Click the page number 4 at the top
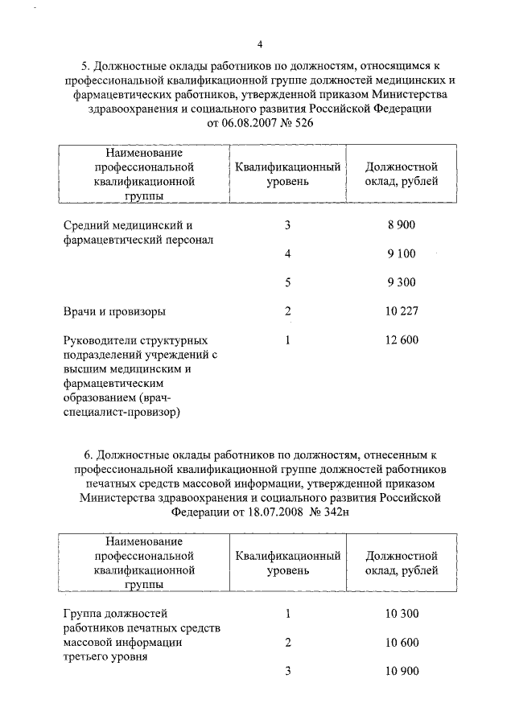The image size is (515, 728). [259, 43]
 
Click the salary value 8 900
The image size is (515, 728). [401, 225]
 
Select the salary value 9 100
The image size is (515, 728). [401, 254]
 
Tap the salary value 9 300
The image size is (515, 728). [401, 282]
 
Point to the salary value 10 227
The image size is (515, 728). [401, 311]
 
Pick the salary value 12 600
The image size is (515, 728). [401, 339]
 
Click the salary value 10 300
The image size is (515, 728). [401, 614]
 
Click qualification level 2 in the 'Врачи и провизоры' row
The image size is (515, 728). [287, 311]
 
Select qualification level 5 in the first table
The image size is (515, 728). [287, 282]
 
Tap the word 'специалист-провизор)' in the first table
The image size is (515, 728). [121, 413]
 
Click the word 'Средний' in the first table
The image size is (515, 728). [84, 226]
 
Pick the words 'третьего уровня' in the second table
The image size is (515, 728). [105, 657]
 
